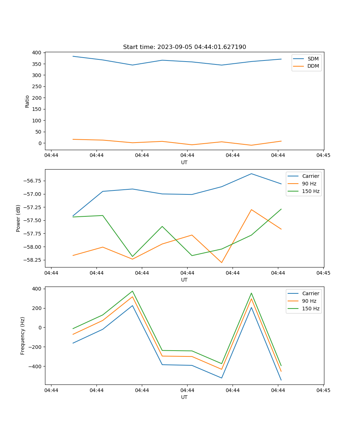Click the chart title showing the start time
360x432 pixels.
point(184,47)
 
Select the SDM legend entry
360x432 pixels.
point(313,59)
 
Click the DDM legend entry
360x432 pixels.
point(313,66)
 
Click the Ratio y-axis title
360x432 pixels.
point(27,101)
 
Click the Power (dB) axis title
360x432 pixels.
point(18,218)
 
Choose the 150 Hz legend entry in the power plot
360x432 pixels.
point(311,191)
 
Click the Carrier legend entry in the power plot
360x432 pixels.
point(311,176)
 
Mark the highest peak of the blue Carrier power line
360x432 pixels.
point(251,174)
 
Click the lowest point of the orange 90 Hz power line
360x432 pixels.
point(221,262)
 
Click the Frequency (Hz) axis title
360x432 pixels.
point(23,336)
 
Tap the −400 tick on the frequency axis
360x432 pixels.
point(36,366)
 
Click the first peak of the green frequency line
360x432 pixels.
point(132,291)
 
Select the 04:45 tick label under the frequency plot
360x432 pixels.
point(323,390)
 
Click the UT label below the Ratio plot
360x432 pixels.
point(184,162)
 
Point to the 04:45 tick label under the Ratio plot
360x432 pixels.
point(323,156)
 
